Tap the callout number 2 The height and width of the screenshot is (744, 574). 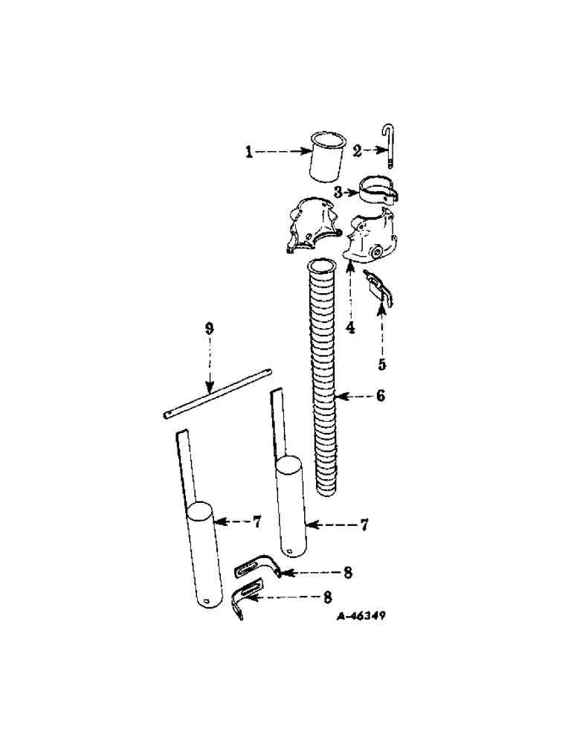[357, 151]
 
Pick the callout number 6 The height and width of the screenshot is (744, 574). [380, 397]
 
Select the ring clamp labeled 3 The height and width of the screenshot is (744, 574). [379, 189]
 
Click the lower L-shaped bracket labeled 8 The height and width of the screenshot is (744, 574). [246, 597]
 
